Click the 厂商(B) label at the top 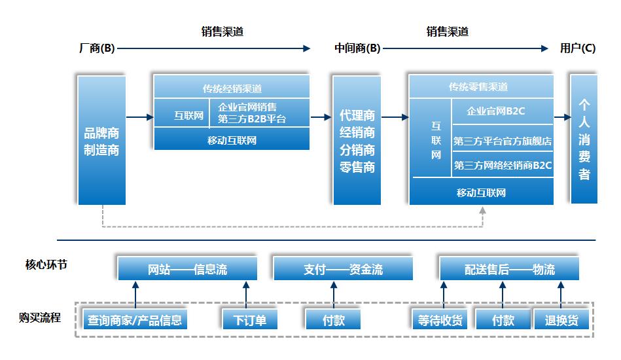pyautogui.click(x=96, y=48)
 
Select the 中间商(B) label pyautogui.click(x=357, y=48)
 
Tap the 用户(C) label pyautogui.click(x=578, y=48)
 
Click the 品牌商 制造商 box pyautogui.click(x=101, y=141)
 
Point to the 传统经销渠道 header pyautogui.click(x=232, y=88)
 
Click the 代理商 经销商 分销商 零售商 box pyautogui.click(x=357, y=141)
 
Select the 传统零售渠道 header pyautogui.click(x=481, y=87)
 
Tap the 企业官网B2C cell pyautogui.click(x=503, y=111)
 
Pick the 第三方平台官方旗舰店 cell pyautogui.click(x=503, y=141)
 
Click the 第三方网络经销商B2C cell pyautogui.click(x=503, y=166)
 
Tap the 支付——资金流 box pyautogui.click(x=343, y=269)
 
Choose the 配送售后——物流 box pyautogui.click(x=509, y=269)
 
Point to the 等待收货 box pyautogui.click(x=439, y=320)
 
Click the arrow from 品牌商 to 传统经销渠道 pyautogui.click(x=139, y=117)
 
